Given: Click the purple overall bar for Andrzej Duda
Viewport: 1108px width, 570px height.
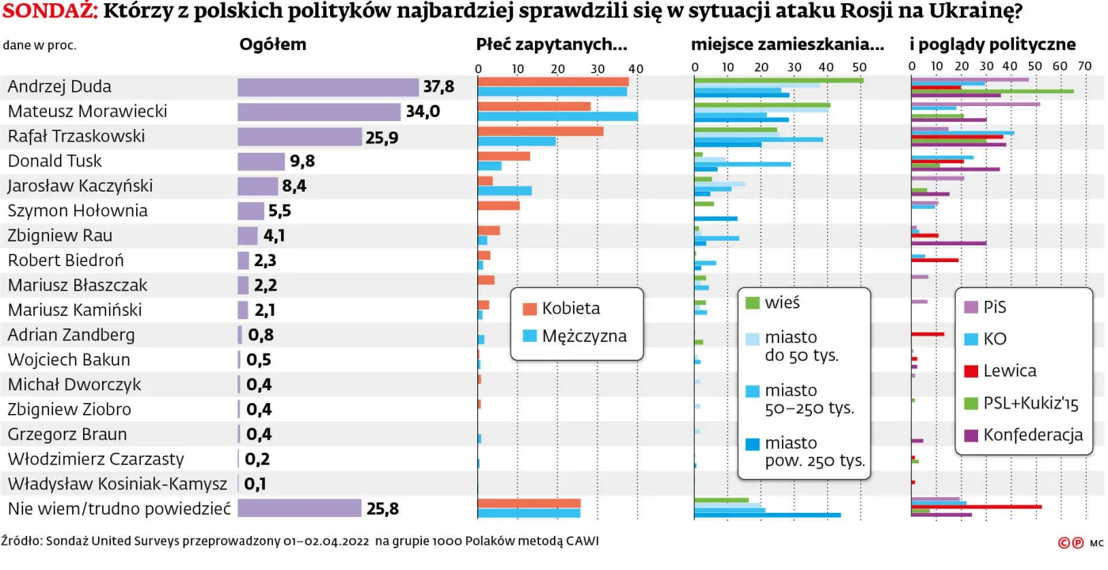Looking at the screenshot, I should pyautogui.click(x=328, y=87).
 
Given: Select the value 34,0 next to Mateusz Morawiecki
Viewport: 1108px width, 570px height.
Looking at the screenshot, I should pyautogui.click(x=423, y=112).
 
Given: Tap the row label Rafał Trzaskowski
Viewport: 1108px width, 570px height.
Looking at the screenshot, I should pyautogui.click(x=77, y=136).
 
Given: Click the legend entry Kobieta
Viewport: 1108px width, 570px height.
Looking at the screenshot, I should pyautogui.click(x=570, y=309).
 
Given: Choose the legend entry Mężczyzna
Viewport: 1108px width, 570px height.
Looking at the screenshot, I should pyautogui.click(x=583, y=336).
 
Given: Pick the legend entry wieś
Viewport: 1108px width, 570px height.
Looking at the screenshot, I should pyautogui.click(x=781, y=303).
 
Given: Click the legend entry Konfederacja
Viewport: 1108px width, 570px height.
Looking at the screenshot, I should pyautogui.click(x=1032, y=435).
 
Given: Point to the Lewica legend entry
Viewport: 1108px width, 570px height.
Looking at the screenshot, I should pyautogui.click(x=1009, y=371).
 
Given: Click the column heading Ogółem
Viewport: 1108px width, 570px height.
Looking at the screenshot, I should pyautogui.click(x=272, y=45).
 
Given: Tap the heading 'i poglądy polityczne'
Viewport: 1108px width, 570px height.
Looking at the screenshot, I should pyautogui.click(x=993, y=45).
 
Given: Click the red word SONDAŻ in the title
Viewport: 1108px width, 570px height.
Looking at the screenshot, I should pyautogui.click(x=50, y=13).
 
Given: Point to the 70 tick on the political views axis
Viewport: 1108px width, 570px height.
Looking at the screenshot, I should pyautogui.click(x=1086, y=66).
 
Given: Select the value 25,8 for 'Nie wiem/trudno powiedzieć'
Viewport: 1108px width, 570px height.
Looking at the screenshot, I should pyautogui.click(x=381, y=508).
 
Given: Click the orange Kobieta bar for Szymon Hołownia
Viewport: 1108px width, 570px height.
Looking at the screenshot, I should pyautogui.click(x=499, y=206).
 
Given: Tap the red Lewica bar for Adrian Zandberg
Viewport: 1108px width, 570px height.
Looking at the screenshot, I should pyautogui.click(x=928, y=334).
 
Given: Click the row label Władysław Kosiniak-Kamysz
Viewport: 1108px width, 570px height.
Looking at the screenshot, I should pyautogui.click(x=117, y=484).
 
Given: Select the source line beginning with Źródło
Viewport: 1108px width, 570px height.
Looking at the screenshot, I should pyautogui.click(x=300, y=542).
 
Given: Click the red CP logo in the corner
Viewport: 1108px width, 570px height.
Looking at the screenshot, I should pyautogui.click(x=1072, y=543).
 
